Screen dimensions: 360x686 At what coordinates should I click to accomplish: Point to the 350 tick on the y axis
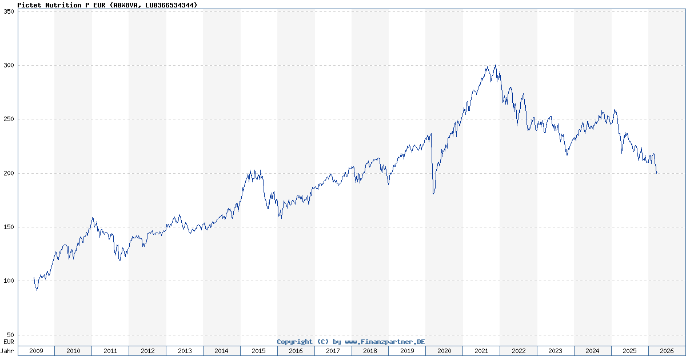click(9, 11)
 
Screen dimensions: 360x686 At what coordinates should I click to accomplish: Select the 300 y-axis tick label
click(9, 66)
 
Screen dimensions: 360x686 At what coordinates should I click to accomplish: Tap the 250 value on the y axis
click(9, 119)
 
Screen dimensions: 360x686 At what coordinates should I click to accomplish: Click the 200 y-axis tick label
click(9, 173)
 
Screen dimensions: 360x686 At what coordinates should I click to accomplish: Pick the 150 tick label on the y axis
click(9, 227)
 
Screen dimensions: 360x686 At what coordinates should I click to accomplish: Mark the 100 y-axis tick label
click(9, 281)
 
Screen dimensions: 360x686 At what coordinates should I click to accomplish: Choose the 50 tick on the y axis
click(10, 335)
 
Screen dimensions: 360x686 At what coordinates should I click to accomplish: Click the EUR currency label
click(9, 342)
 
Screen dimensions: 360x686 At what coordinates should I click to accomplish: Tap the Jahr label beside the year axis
click(7, 351)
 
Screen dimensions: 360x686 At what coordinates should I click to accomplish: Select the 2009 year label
click(36, 351)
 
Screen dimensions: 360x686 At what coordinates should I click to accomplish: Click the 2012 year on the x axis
click(147, 351)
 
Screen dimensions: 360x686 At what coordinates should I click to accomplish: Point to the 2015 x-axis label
click(258, 351)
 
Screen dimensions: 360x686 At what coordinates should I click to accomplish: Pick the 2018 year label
click(370, 351)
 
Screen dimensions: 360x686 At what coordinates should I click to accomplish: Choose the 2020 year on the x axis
click(444, 351)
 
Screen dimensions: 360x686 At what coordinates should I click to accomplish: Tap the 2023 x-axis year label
click(555, 351)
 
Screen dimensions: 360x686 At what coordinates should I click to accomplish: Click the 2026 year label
click(667, 351)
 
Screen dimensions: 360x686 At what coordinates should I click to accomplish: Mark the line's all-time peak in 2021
click(496, 65)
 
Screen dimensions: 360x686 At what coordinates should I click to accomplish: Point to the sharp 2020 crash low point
click(433, 194)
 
